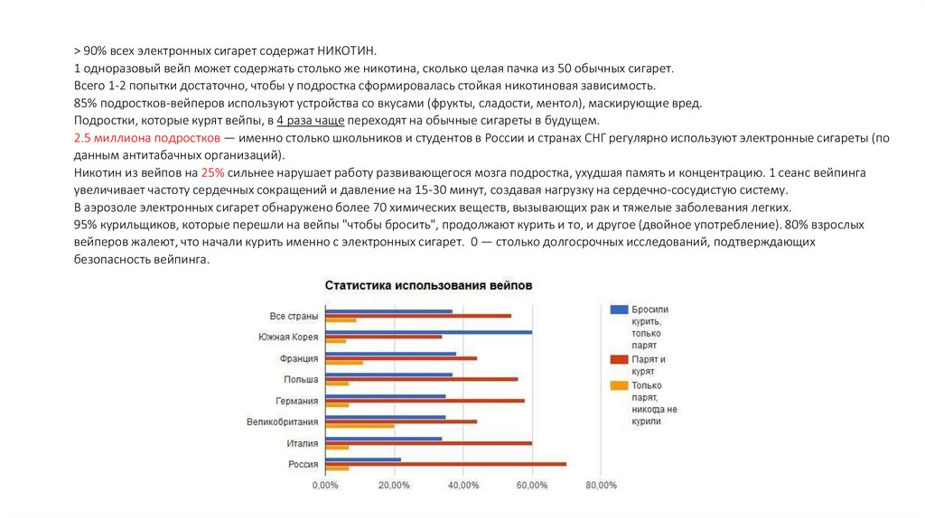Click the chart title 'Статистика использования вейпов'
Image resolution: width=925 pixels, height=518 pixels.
pos(428,285)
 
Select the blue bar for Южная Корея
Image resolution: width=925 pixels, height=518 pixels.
pos(428,332)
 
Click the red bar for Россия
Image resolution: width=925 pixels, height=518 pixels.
pos(445,464)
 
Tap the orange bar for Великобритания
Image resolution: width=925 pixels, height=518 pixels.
pos(360,426)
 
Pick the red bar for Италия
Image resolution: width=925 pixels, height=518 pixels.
pos(428,443)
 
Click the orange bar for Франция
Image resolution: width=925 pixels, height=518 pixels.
pos(344,363)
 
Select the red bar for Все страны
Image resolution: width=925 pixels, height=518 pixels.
pos(418,315)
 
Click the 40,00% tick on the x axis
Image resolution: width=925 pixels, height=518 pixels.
pos(462,486)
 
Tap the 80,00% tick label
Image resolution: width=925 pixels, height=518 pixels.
pos(601,486)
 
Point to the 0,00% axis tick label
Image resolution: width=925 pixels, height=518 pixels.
pos(325,486)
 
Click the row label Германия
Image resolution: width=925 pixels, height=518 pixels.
pos(297,401)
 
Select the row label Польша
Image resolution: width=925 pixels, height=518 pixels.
pos(301,379)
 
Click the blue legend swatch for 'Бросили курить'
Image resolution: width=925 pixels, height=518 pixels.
pos(618,309)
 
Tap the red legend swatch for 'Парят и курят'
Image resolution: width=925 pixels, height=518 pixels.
pos(618,359)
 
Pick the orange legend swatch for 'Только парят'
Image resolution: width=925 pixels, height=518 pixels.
pos(618,385)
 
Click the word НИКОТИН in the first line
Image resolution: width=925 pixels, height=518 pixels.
pos(347,51)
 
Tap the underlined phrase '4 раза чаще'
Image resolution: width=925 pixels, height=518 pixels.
pos(309,120)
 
